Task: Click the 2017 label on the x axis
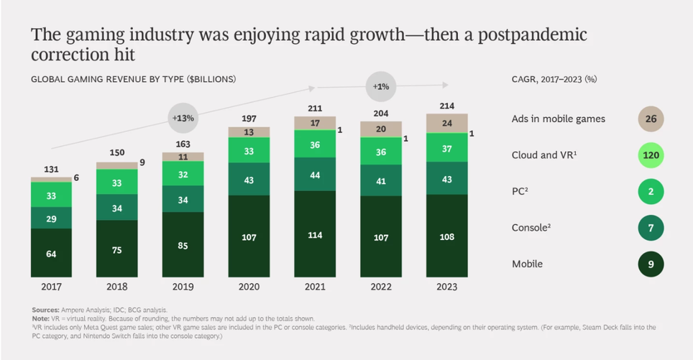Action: click(x=51, y=286)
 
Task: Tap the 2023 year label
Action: click(x=446, y=286)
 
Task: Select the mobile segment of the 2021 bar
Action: click(x=315, y=234)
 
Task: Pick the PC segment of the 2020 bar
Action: click(x=249, y=152)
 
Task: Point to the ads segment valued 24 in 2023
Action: click(x=446, y=123)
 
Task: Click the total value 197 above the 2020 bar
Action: click(x=249, y=118)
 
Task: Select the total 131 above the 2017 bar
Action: click(x=51, y=169)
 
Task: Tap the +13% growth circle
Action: click(x=183, y=116)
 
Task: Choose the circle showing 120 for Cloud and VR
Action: click(x=650, y=155)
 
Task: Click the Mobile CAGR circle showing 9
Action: click(x=650, y=264)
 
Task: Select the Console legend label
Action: click(x=533, y=228)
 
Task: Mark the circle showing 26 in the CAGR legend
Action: click(x=650, y=119)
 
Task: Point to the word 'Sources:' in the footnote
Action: click(x=46, y=310)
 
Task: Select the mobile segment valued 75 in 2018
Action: click(x=117, y=249)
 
